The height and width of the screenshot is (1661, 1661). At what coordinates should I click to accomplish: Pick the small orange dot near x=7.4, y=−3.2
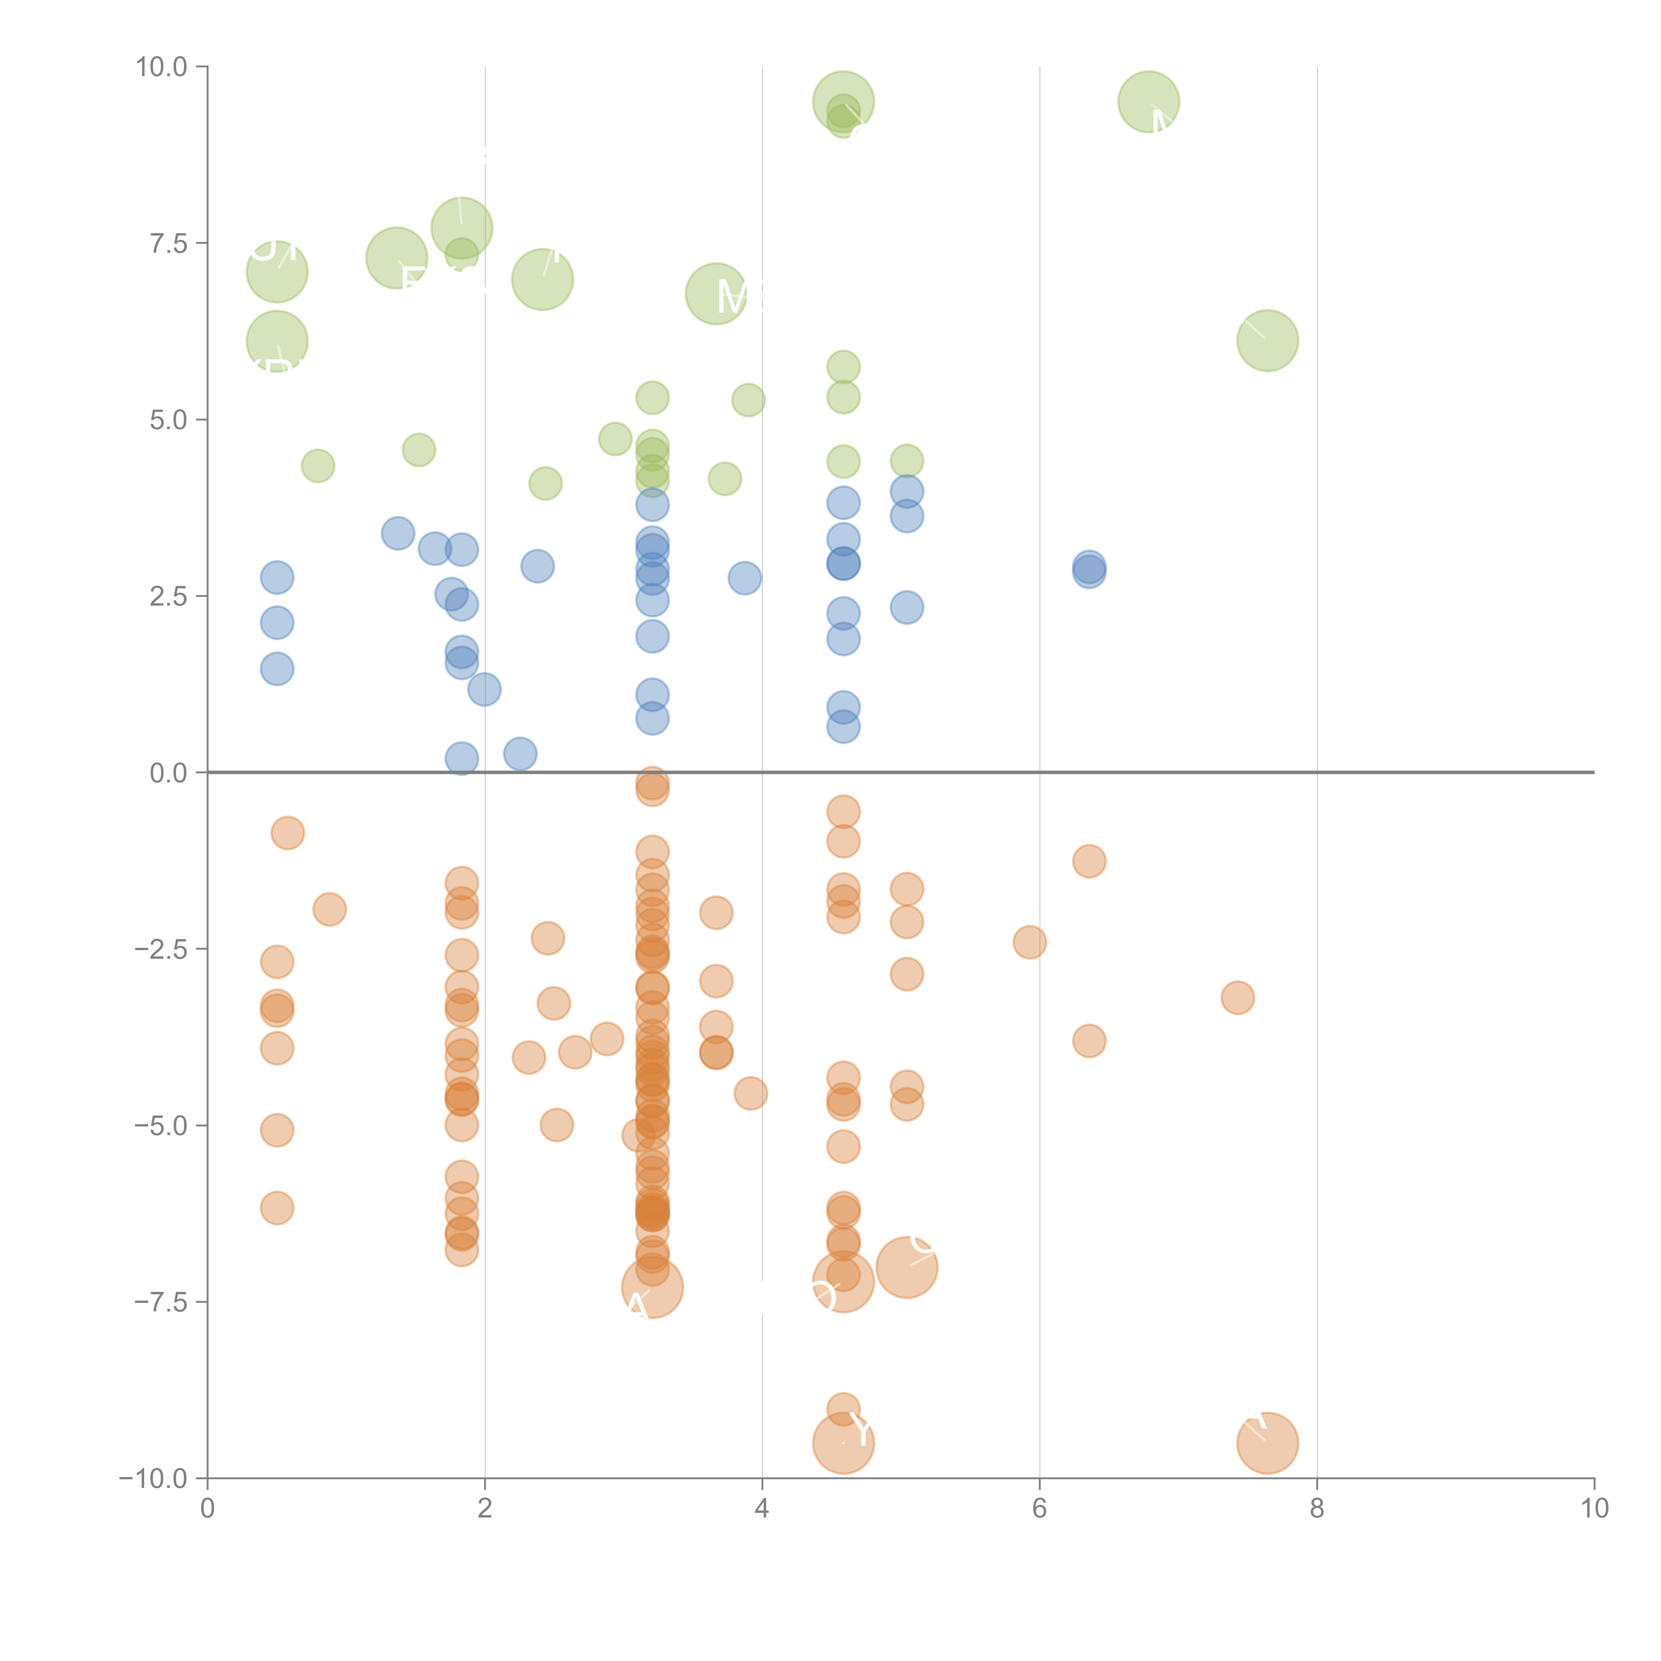pyautogui.click(x=1237, y=997)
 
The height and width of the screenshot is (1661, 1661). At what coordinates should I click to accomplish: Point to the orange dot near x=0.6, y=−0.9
pyautogui.click(x=287, y=832)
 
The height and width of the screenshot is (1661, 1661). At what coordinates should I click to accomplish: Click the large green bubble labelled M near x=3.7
pyautogui.click(x=715, y=294)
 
